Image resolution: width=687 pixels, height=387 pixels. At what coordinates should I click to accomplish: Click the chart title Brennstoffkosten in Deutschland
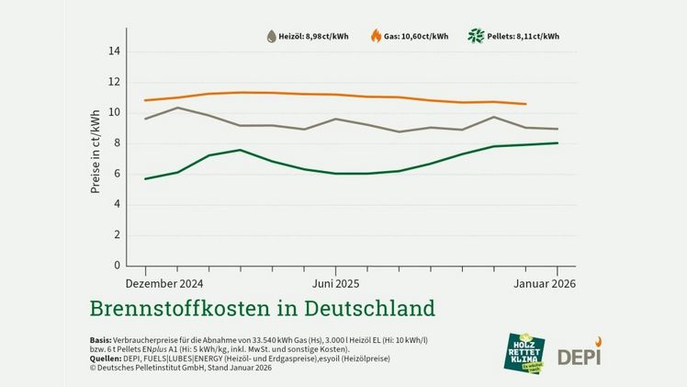click(x=262, y=306)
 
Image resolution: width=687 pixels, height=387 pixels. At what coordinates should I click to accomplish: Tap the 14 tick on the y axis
click(x=114, y=51)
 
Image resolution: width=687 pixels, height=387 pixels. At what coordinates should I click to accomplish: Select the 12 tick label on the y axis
click(x=114, y=82)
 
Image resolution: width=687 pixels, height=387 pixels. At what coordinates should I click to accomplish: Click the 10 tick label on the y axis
click(x=114, y=112)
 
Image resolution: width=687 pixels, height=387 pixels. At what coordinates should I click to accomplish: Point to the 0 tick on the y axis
click(x=117, y=266)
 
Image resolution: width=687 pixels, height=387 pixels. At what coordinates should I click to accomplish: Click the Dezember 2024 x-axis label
click(x=164, y=283)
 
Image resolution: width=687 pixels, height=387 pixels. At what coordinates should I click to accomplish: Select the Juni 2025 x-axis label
click(x=335, y=283)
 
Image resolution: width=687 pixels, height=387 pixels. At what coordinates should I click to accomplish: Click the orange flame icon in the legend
click(x=376, y=36)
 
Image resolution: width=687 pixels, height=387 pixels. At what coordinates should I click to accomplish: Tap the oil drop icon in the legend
click(x=272, y=37)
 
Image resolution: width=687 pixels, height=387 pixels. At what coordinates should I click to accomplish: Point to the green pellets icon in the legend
click(x=476, y=37)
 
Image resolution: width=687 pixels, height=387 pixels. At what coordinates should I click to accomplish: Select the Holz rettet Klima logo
click(x=526, y=350)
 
